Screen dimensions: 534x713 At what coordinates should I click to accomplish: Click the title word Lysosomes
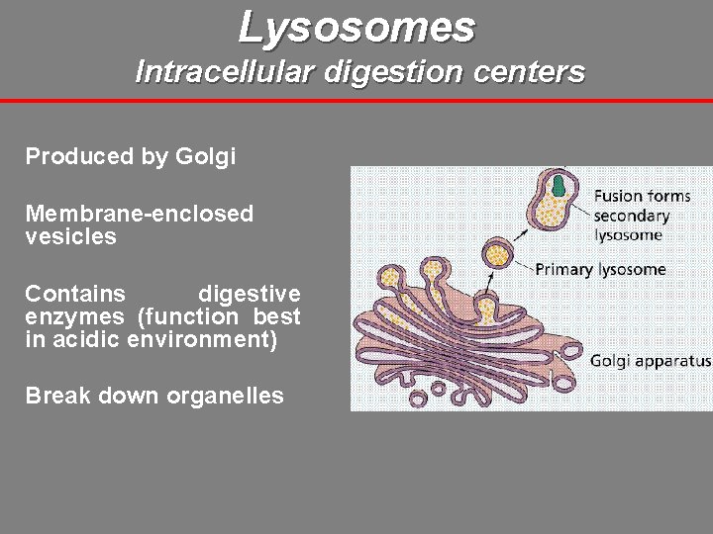356,27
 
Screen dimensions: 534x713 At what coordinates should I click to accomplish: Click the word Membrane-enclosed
139,214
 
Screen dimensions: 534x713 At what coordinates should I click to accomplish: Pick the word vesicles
70,236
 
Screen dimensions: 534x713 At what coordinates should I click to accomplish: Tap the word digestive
249,294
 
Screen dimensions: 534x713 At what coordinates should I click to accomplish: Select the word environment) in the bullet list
209,340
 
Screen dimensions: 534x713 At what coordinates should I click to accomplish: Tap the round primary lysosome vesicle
498,254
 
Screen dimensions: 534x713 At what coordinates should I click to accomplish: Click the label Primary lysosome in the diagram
600,269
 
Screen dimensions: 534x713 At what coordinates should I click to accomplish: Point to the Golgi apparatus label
650,361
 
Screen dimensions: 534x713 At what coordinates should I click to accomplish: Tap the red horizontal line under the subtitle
356,101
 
